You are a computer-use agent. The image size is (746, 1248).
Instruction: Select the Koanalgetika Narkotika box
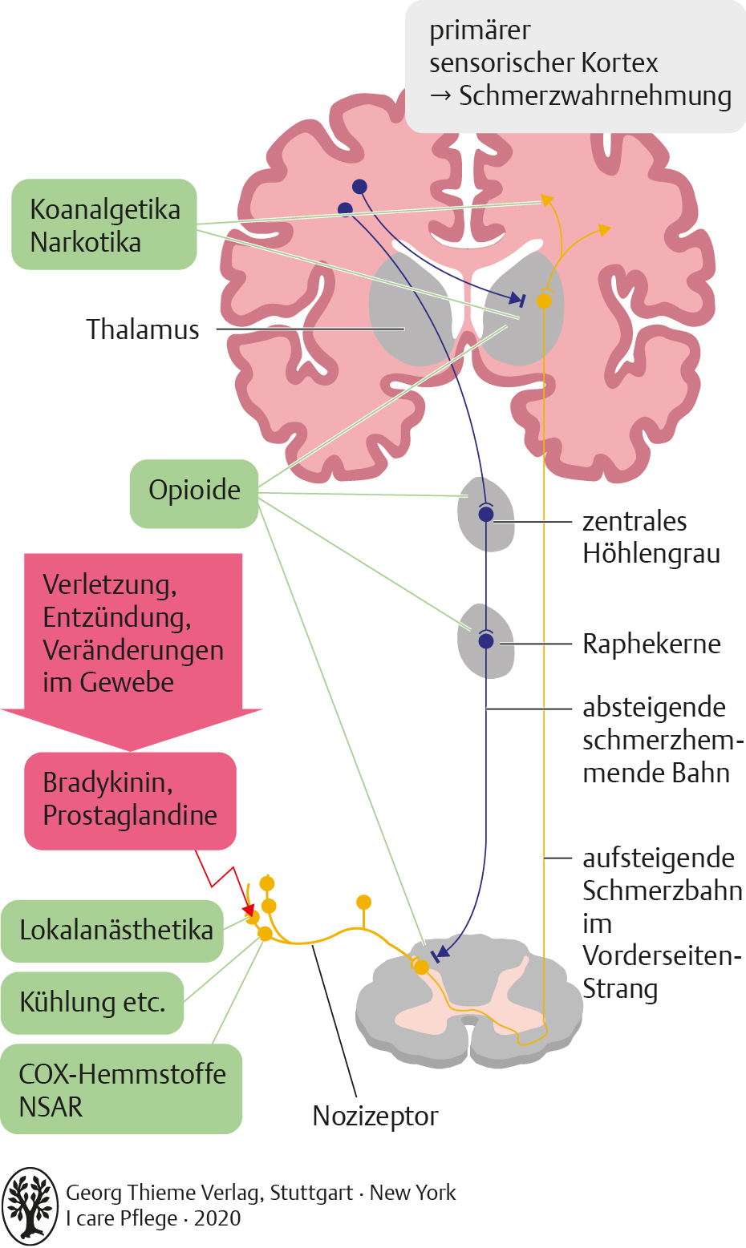click(104, 224)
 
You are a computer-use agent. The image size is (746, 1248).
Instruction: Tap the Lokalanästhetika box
click(112, 931)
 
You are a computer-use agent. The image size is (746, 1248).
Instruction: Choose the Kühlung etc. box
click(92, 1002)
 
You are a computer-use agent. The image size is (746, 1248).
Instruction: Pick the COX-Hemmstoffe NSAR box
click(121, 1089)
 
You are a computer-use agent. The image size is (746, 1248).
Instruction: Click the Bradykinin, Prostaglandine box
click(130, 800)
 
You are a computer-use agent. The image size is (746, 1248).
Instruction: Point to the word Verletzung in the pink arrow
click(110, 584)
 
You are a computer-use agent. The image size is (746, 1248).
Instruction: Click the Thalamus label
click(143, 329)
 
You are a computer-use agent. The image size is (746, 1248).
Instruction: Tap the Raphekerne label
click(651, 644)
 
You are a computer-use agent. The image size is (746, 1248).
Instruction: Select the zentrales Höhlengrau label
click(651, 537)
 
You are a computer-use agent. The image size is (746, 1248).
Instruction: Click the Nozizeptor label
click(375, 1116)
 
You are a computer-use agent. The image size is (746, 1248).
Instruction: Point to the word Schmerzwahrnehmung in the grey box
click(594, 96)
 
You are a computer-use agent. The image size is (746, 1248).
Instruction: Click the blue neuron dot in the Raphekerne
click(486, 641)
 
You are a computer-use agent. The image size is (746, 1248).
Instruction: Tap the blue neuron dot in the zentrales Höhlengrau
click(486, 515)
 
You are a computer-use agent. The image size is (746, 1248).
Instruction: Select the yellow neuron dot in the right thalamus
click(544, 301)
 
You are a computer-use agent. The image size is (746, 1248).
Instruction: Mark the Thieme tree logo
click(30, 1206)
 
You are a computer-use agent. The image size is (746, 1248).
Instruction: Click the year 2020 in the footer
click(217, 1218)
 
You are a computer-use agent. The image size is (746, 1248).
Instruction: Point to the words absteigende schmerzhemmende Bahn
click(655, 740)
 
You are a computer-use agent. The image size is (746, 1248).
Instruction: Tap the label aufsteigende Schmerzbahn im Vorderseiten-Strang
click(662, 923)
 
